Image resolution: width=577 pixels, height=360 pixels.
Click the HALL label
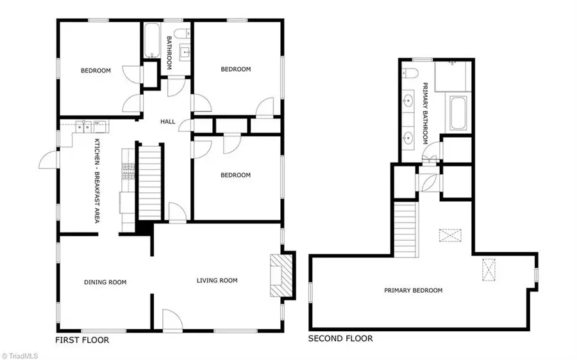pyautogui.click(x=168, y=121)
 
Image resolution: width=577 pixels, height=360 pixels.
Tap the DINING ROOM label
pyautogui.click(x=105, y=282)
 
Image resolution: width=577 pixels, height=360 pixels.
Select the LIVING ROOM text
pyautogui.click(x=217, y=280)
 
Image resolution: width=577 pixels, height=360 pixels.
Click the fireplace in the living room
pyautogui.click(x=281, y=275)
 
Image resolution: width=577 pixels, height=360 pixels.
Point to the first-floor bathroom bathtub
pyautogui.click(x=151, y=40)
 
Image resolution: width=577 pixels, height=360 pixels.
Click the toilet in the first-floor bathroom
pyautogui.click(x=182, y=33)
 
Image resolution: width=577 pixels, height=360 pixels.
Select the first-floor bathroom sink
pyautogui.click(x=185, y=53)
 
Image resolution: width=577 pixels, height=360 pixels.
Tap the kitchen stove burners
pyautogui.click(x=128, y=172)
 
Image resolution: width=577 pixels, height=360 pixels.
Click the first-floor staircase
pyautogui.click(x=150, y=182)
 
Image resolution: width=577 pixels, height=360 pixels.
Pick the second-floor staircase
pyautogui.click(x=406, y=229)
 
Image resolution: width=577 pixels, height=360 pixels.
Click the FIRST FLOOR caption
pyautogui.click(x=82, y=340)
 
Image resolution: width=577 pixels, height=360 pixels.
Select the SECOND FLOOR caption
pyautogui.click(x=340, y=338)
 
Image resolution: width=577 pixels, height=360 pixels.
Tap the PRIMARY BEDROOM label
pyautogui.click(x=414, y=290)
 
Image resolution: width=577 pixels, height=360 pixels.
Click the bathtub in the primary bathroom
pyautogui.click(x=458, y=113)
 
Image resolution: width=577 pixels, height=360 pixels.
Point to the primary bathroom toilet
pyautogui.click(x=410, y=72)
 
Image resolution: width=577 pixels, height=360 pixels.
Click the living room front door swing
pyautogui.click(x=172, y=320)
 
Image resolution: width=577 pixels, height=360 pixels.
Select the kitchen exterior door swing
pyautogui.click(x=48, y=160)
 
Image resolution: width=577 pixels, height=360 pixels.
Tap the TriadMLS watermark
pyautogui.click(x=19, y=356)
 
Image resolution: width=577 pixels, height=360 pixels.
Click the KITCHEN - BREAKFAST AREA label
pyautogui.click(x=97, y=181)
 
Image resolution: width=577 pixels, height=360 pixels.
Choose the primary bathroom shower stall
pyautogui.click(x=453, y=76)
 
